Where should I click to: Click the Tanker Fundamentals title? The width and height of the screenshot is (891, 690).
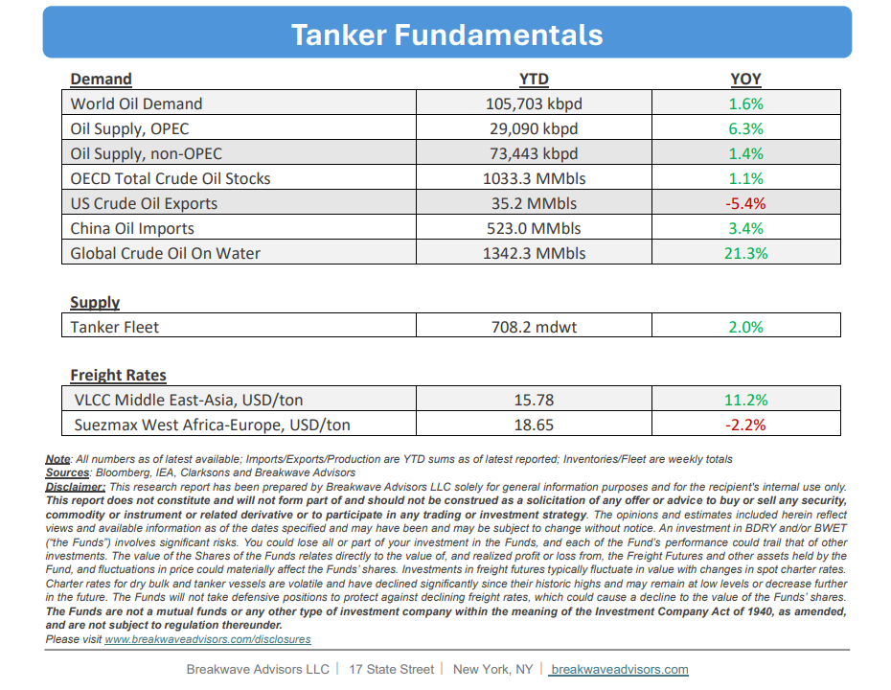click(446, 34)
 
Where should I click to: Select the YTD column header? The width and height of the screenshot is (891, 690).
click(534, 79)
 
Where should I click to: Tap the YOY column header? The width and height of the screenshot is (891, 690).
click(745, 79)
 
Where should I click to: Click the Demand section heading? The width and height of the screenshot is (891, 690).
click(101, 79)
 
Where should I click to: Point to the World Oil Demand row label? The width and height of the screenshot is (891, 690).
click(136, 104)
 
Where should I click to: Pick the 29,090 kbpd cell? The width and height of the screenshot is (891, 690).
click(534, 129)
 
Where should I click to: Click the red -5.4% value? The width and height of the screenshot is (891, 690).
click(745, 203)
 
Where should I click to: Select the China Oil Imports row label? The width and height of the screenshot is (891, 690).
click(132, 228)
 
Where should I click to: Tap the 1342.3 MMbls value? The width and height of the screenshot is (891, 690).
click(534, 254)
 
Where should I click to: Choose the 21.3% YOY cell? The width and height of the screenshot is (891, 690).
click(745, 254)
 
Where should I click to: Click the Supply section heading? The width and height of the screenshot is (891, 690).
click(95, 303)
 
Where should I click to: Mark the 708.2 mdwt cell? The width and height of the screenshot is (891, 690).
click(534, 328)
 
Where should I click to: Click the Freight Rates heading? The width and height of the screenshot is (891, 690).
click(118, 375)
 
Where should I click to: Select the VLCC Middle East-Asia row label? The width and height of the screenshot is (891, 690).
click(189, 401)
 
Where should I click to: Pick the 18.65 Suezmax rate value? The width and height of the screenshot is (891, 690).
click(534, 425)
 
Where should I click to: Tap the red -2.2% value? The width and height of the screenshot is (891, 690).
click(745, 425)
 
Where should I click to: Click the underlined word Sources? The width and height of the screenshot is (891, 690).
click(67, 472)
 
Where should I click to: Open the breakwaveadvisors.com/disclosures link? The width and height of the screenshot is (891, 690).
click(208, 639)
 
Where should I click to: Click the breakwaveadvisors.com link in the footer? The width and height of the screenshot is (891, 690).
click(619, 670)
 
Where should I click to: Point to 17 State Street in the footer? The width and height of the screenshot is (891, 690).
click(391, 670)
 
